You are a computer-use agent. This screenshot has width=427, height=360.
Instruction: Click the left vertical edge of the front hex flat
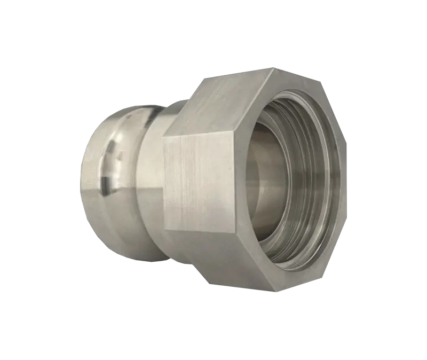(164, 182)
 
